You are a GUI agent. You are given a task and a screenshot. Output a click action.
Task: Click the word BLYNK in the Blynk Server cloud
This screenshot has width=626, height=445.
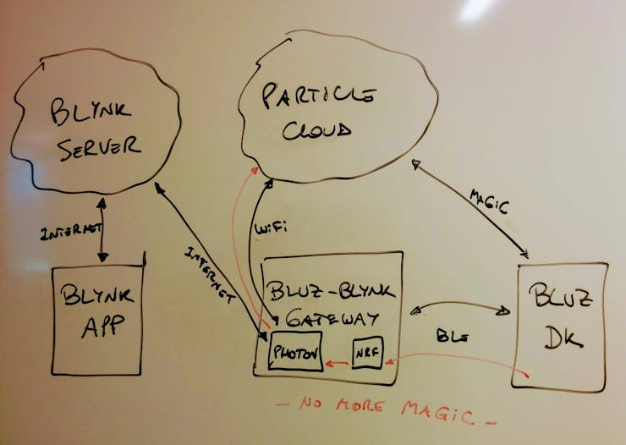91,111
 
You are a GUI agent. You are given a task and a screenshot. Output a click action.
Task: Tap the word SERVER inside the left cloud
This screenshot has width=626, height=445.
98,148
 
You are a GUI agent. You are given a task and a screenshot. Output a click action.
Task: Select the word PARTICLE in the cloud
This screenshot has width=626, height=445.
319,96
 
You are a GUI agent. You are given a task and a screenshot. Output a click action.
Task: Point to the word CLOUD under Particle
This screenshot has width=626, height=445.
317,130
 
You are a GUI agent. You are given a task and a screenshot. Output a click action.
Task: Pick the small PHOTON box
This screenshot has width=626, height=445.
295,351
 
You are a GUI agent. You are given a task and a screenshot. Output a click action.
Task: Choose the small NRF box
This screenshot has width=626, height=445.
368,352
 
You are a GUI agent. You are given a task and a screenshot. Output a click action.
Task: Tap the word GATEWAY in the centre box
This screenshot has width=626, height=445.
332,318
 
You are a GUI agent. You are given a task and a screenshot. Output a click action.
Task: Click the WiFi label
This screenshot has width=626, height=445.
271,228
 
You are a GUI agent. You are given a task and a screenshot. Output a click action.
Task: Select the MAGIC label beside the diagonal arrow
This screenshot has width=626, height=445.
489,201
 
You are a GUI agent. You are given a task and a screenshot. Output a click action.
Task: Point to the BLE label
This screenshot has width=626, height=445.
453,336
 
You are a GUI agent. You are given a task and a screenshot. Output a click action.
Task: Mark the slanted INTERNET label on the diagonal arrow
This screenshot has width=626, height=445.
210,275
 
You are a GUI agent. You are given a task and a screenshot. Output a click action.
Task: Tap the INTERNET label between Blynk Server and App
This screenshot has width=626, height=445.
71,232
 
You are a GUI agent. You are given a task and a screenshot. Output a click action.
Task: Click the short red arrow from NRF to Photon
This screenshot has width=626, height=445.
337,363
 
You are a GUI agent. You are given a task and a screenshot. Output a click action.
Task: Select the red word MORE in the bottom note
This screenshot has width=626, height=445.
359,406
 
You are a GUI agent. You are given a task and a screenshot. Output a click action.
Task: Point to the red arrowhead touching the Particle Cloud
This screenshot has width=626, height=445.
254,171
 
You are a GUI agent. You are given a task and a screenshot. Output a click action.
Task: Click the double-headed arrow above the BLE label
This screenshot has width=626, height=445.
460,305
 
